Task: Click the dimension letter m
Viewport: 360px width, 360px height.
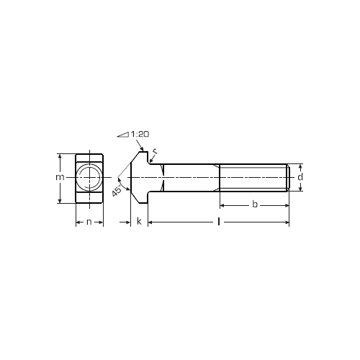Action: (x=60, y=177)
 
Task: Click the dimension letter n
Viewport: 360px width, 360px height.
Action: (x=89, y=222)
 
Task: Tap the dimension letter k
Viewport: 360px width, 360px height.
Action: (x=139, y=221)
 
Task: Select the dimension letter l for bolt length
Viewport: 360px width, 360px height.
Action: (x=218, y=222)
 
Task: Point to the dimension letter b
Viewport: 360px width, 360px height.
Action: (x=255, y=204)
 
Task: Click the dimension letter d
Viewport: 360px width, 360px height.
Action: (x=300, y=177)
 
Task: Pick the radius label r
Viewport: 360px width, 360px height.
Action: (x=155, y=151)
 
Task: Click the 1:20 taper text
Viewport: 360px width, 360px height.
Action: (x=140, y=134)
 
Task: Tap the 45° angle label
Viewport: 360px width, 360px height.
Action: (x=117, y=191)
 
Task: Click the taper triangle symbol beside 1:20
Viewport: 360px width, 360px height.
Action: (x=123, y=135)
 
